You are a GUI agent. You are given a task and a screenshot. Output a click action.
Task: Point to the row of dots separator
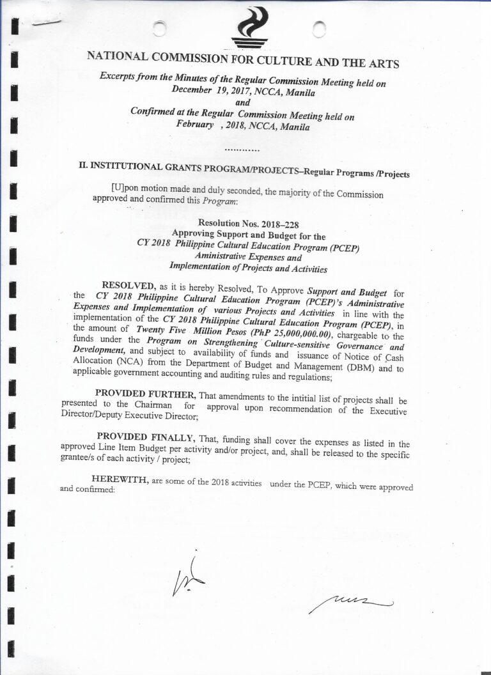tap(242, 150)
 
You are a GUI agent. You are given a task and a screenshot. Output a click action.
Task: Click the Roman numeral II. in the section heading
tap(83, 165)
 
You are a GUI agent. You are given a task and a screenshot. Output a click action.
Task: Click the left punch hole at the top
tap(160, 28)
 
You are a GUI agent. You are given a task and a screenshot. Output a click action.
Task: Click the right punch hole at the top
tap(320, 28)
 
